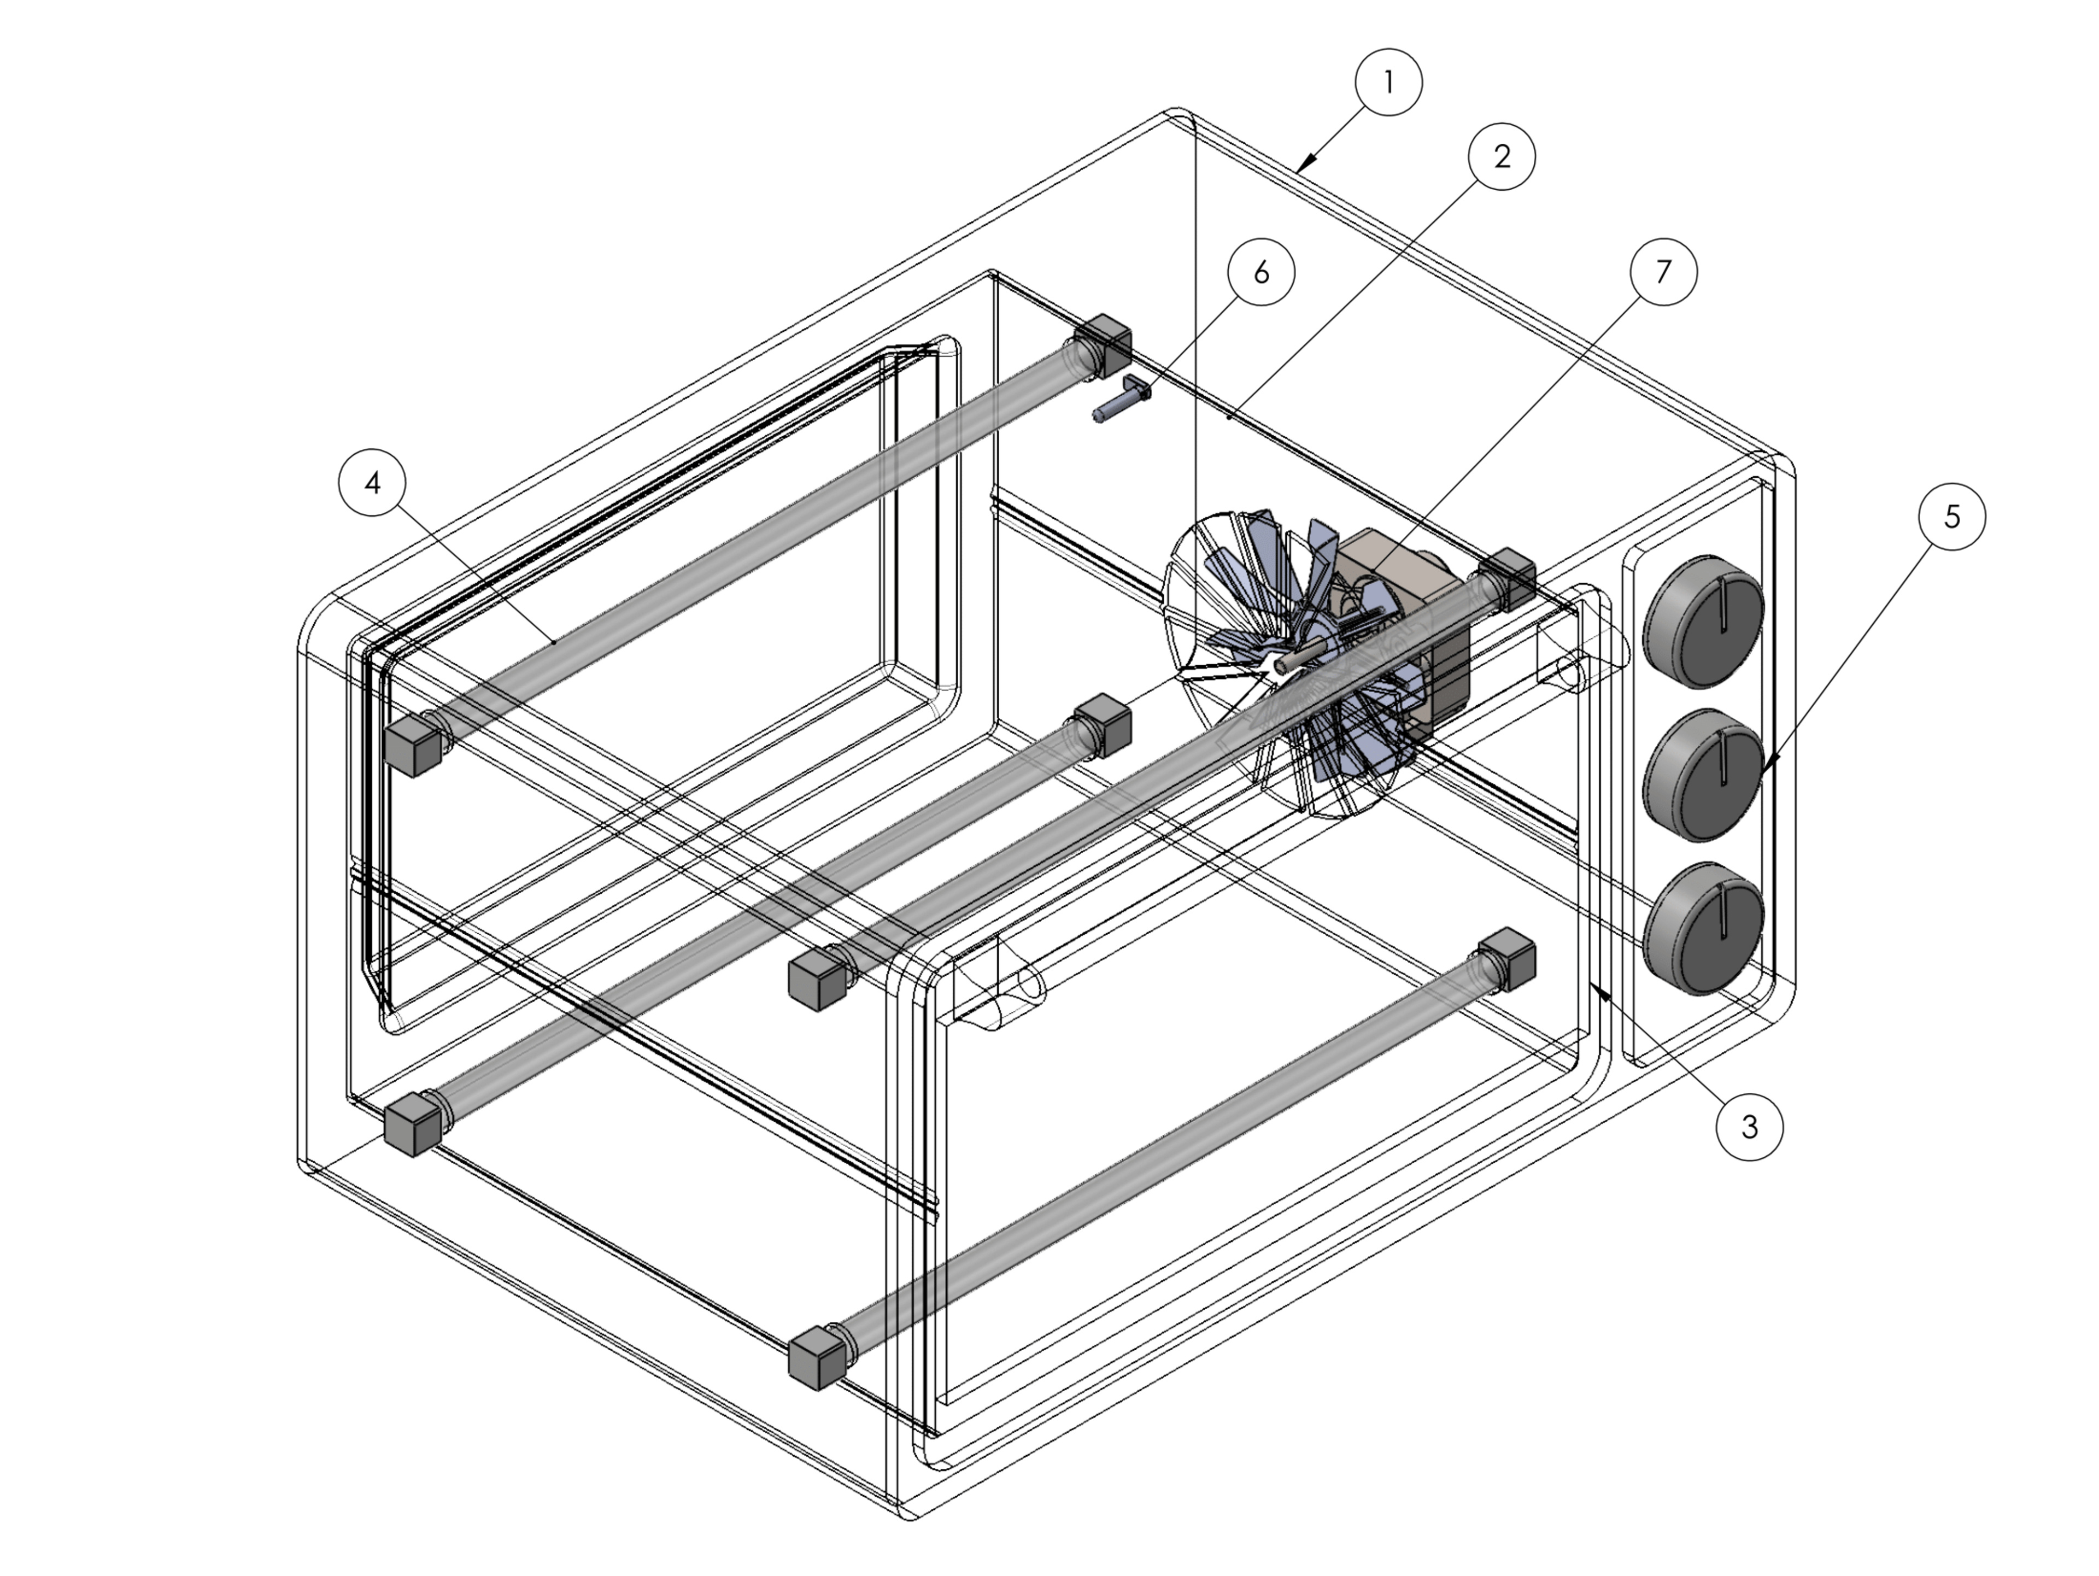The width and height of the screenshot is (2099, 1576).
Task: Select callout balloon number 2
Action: point(1501,156)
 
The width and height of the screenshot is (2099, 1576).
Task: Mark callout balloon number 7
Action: point(1662,272)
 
